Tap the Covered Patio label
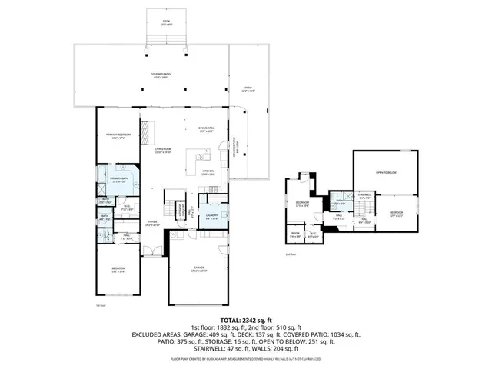tap(161, 75)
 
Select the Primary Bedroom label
tap(118, 136)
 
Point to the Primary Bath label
tap(119, 179)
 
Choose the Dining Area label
tap(205, 129)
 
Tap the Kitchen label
tap(208, 173)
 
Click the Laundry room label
tap(213, 217)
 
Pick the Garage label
tap(199, 270)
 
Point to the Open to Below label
tap(386, 173)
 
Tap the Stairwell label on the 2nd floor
tap(364, 196)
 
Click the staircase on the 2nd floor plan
tap(365, 208)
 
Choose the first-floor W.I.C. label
tap(127, 208)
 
